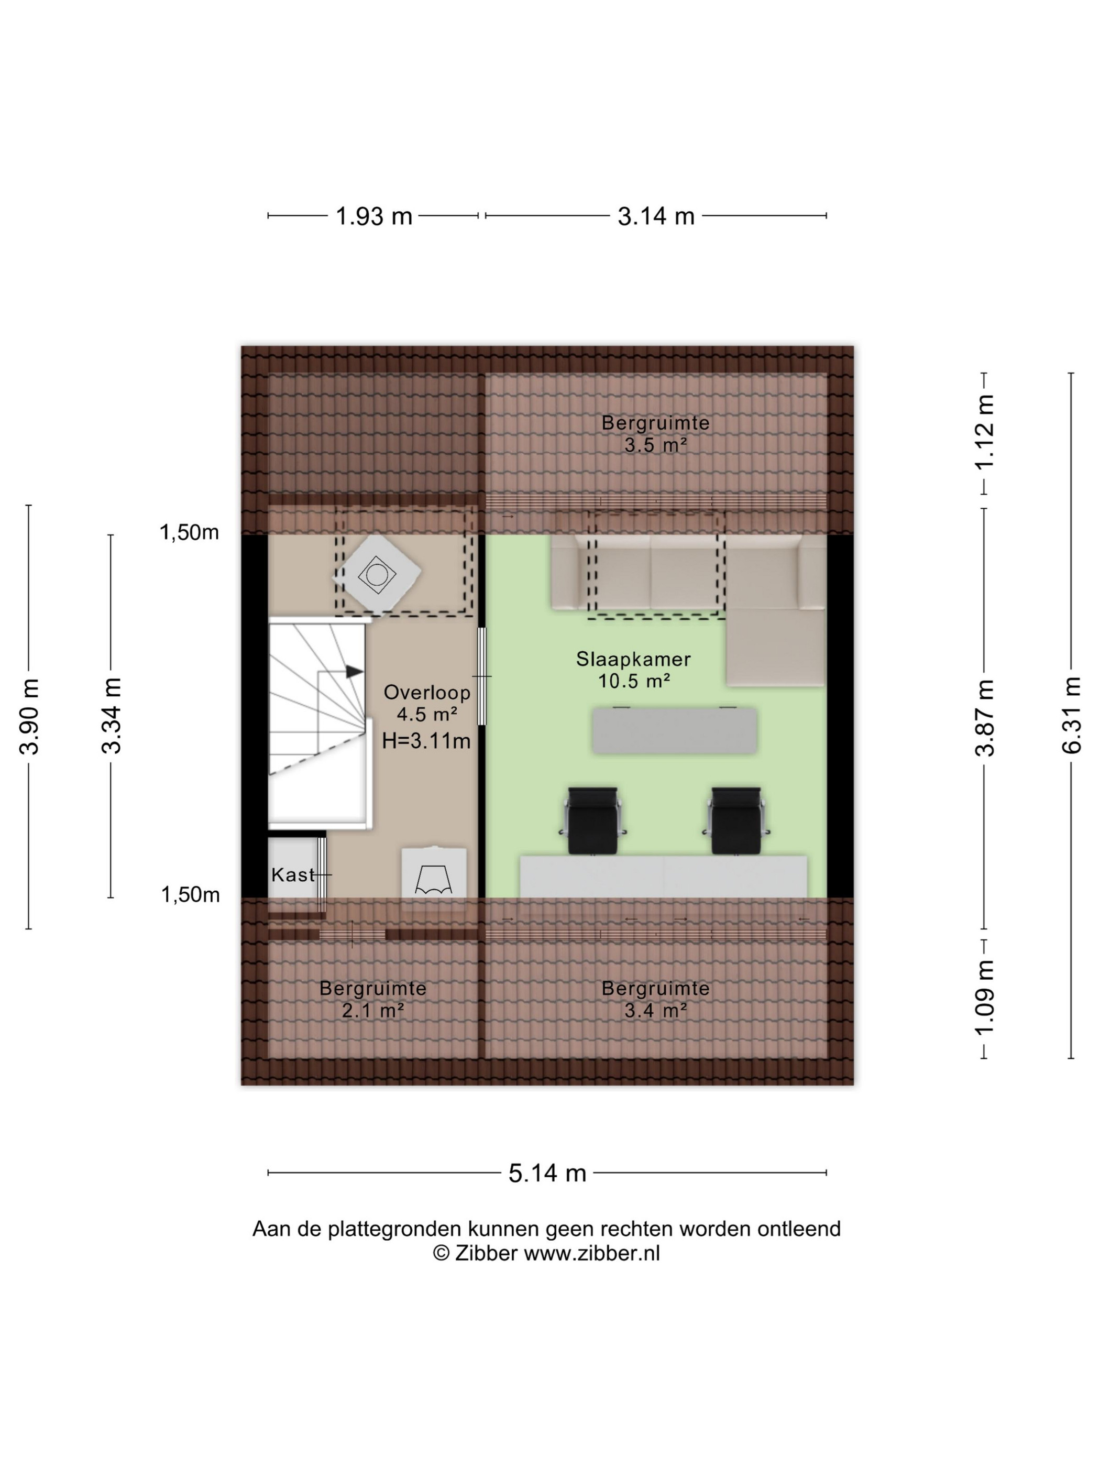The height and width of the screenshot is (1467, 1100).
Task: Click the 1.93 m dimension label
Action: click(374, 216)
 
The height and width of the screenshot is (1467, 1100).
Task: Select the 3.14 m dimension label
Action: click(656, 216)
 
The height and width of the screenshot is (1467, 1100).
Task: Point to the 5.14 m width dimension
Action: click(547, 1173)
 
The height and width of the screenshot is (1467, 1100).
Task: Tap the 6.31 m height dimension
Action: click(1072, 715)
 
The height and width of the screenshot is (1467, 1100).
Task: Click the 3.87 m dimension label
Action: click(985, 718)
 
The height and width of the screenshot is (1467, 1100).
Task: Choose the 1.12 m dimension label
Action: click(985, 432)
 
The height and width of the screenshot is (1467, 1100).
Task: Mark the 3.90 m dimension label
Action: click(30, 716)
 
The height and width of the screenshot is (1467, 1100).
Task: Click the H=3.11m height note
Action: click(426, 740)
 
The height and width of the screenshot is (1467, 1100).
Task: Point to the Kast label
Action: click(293, 875)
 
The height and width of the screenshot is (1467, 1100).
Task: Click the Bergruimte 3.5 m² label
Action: click(655, 434)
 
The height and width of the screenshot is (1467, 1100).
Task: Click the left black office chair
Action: click(593, 820)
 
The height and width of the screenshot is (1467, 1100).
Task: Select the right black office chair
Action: click(736, 820)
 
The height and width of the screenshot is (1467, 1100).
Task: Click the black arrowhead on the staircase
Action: click(355, 672)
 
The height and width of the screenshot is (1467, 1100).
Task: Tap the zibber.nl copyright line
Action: click(546, 1253)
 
